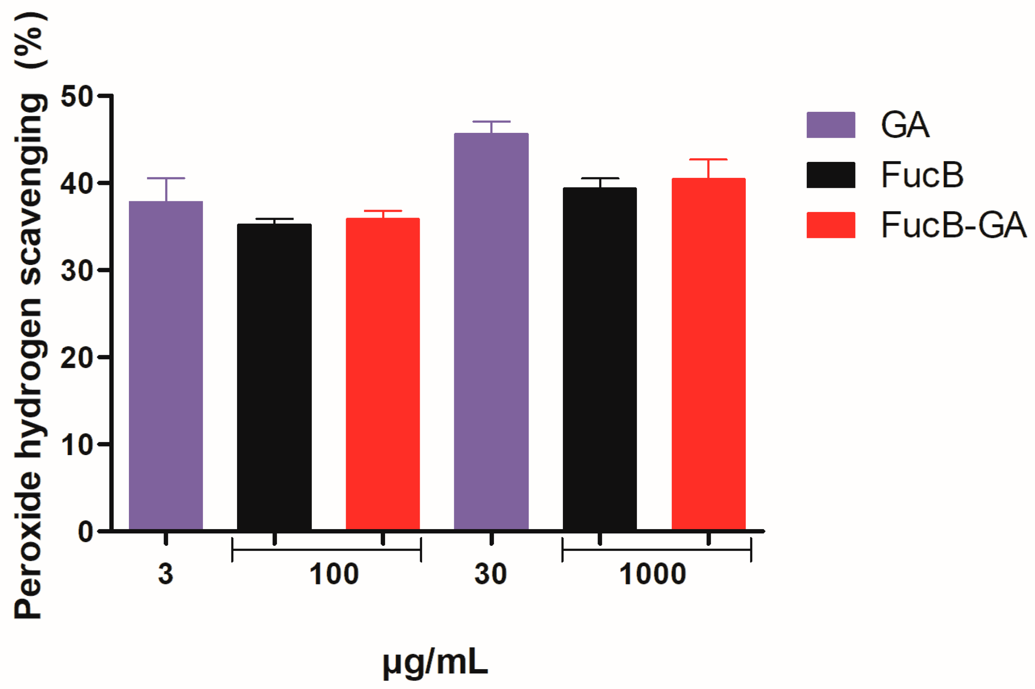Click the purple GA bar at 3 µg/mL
tap(165, 365)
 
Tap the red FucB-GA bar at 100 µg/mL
tap(383, 374)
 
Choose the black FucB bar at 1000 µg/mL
tap(600, 358)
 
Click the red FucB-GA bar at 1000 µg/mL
tap(708, 353)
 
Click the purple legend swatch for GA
tap(830, 125)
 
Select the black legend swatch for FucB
tap(830, 175)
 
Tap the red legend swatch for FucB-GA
tap(830, 225)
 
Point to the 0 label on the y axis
tap(85, 532)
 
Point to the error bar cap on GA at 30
tap(491, 121)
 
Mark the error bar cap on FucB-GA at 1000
tap(708, 159)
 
